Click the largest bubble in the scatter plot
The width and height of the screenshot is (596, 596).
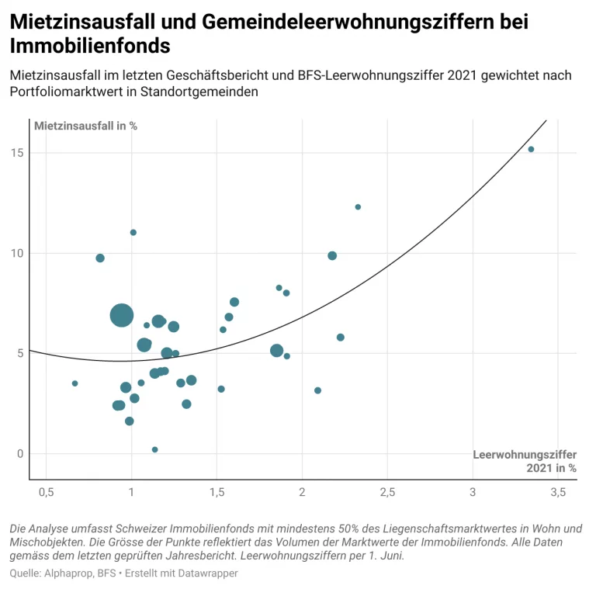coord(121,315)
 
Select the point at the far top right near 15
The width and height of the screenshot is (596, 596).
coord(531,149)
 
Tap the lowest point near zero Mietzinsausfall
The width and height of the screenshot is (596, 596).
coord(154,449)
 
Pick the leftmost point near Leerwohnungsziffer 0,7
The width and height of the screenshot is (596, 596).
coord(74,383)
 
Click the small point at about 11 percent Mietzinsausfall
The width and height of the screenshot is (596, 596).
coord(133,232)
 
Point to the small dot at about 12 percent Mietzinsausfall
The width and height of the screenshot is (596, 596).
coord(358,207)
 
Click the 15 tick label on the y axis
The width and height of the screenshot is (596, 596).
coord(16,153)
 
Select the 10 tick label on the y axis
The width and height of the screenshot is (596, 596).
coord(16,253)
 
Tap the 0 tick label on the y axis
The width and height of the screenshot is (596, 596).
coord(19,454)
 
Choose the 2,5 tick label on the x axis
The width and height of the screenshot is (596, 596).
coord(387,493)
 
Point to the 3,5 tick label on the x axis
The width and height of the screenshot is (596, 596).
coord(558,493)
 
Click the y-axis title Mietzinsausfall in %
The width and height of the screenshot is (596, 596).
coord(85,126)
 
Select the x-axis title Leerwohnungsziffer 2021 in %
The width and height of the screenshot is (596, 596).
coord(525,461)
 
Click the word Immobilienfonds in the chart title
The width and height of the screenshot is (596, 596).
coord(90,46)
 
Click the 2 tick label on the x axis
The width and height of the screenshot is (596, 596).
coord(302,493)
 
